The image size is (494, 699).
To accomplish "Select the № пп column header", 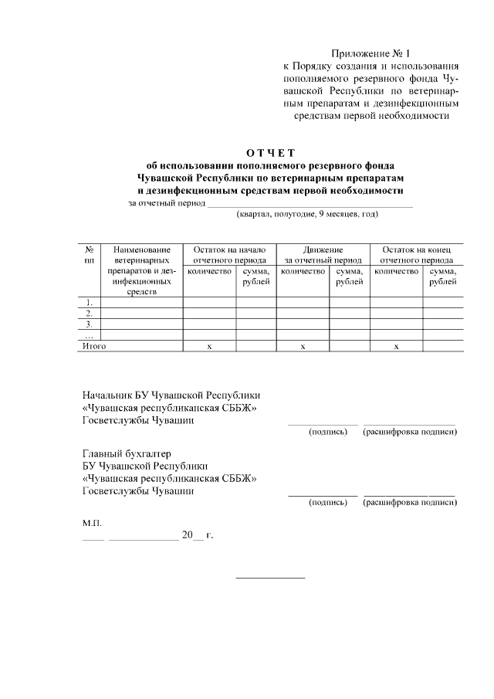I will [90, 255].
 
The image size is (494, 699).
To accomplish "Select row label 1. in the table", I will [90, 302].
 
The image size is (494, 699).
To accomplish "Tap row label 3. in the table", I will [90, 324].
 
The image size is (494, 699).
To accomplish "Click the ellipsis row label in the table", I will [89, 335].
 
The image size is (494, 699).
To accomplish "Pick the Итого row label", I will [94, 347].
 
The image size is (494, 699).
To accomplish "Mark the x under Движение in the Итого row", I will [303, 348].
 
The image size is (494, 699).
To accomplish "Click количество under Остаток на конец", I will [396, 272].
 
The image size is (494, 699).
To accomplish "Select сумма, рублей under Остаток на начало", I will [255, 277].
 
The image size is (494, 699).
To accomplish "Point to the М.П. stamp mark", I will [92, 523].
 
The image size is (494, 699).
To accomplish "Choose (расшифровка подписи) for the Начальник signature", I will [410, 431].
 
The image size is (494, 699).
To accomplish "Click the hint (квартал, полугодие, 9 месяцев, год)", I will [307, 213].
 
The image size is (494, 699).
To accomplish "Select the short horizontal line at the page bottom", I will [270, 578].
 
